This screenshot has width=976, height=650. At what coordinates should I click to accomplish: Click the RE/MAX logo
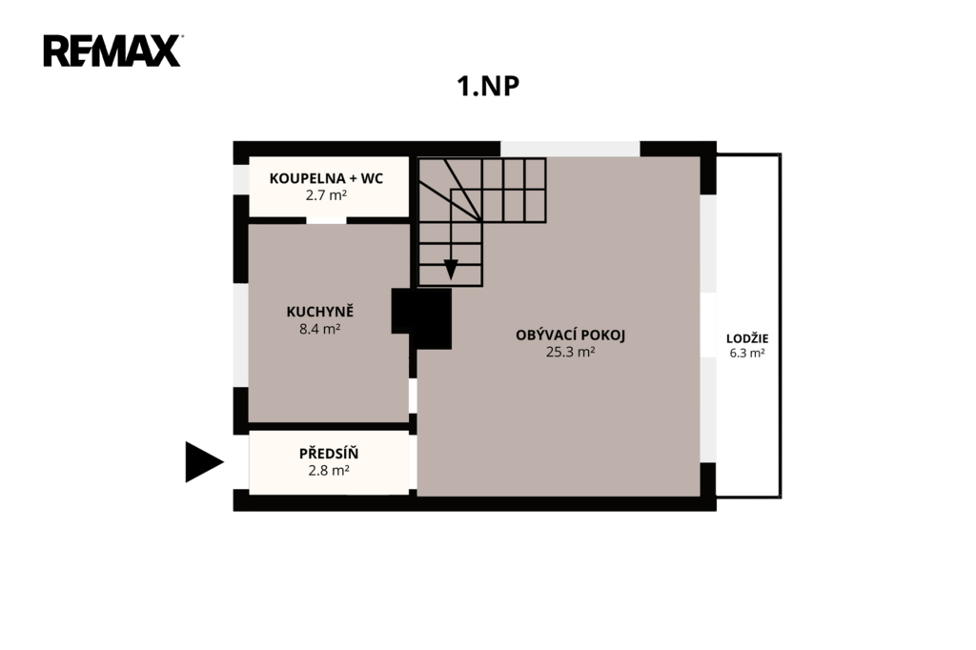coord(112,51)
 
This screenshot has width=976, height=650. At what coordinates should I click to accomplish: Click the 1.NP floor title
coord(488,86)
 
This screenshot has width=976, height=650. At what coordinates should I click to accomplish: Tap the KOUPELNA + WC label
coord(326,178)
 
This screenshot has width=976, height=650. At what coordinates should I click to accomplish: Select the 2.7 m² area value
coord(326,194)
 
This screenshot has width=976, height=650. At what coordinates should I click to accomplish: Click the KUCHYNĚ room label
coord(320,312)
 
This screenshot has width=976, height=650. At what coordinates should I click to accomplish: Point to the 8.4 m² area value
coord(320,329)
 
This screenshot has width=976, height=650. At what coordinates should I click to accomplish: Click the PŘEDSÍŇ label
coord(329,454)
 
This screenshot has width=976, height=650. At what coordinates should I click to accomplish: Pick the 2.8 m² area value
coord(329,471)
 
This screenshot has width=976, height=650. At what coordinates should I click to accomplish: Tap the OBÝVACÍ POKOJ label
coord(570,335)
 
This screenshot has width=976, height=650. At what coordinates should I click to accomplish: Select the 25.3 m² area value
coord(570,352)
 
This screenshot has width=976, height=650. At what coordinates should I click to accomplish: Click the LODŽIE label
coord(747,338)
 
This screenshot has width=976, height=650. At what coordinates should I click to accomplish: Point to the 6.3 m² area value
coord(747,353)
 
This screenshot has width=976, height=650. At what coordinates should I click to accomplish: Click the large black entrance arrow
coord(204,462)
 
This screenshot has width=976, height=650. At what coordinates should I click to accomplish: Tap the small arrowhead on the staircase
coord(451,269)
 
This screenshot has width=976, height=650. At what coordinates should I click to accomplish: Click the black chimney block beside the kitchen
coord(422,318)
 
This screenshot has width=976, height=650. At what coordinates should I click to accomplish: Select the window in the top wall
coord(570,149)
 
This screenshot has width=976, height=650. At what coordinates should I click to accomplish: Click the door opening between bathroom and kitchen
coord(326,220)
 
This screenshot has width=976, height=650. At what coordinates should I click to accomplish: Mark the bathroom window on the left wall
coord(241,179)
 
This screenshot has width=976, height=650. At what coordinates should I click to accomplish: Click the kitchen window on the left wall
coord(241,335)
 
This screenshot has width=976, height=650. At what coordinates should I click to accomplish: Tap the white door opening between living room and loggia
coord(708,324)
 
